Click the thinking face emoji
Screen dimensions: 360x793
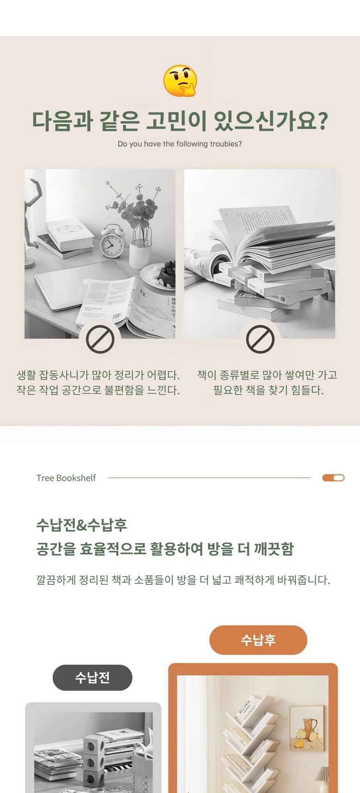(180, 81)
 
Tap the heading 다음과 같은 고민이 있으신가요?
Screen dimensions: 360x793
(180, 121)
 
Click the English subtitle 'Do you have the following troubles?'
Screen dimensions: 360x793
(180, 144)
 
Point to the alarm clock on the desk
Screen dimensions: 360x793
(113, 240)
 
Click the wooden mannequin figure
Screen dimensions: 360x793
(34, 222)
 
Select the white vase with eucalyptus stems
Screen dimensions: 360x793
(141, 254)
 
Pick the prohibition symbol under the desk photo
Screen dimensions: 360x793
(100, 339)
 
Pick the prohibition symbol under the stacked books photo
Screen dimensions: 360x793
(260, 339)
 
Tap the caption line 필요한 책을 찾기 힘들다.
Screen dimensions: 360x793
(268, 390)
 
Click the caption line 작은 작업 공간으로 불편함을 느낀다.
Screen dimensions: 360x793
(98, 390)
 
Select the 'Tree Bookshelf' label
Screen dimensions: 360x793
(66, 478)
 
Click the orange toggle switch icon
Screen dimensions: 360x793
(333, 478)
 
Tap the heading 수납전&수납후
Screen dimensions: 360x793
(82, 525)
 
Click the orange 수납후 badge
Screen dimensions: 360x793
(258, 640)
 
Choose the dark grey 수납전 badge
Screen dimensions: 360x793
(92, 678)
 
